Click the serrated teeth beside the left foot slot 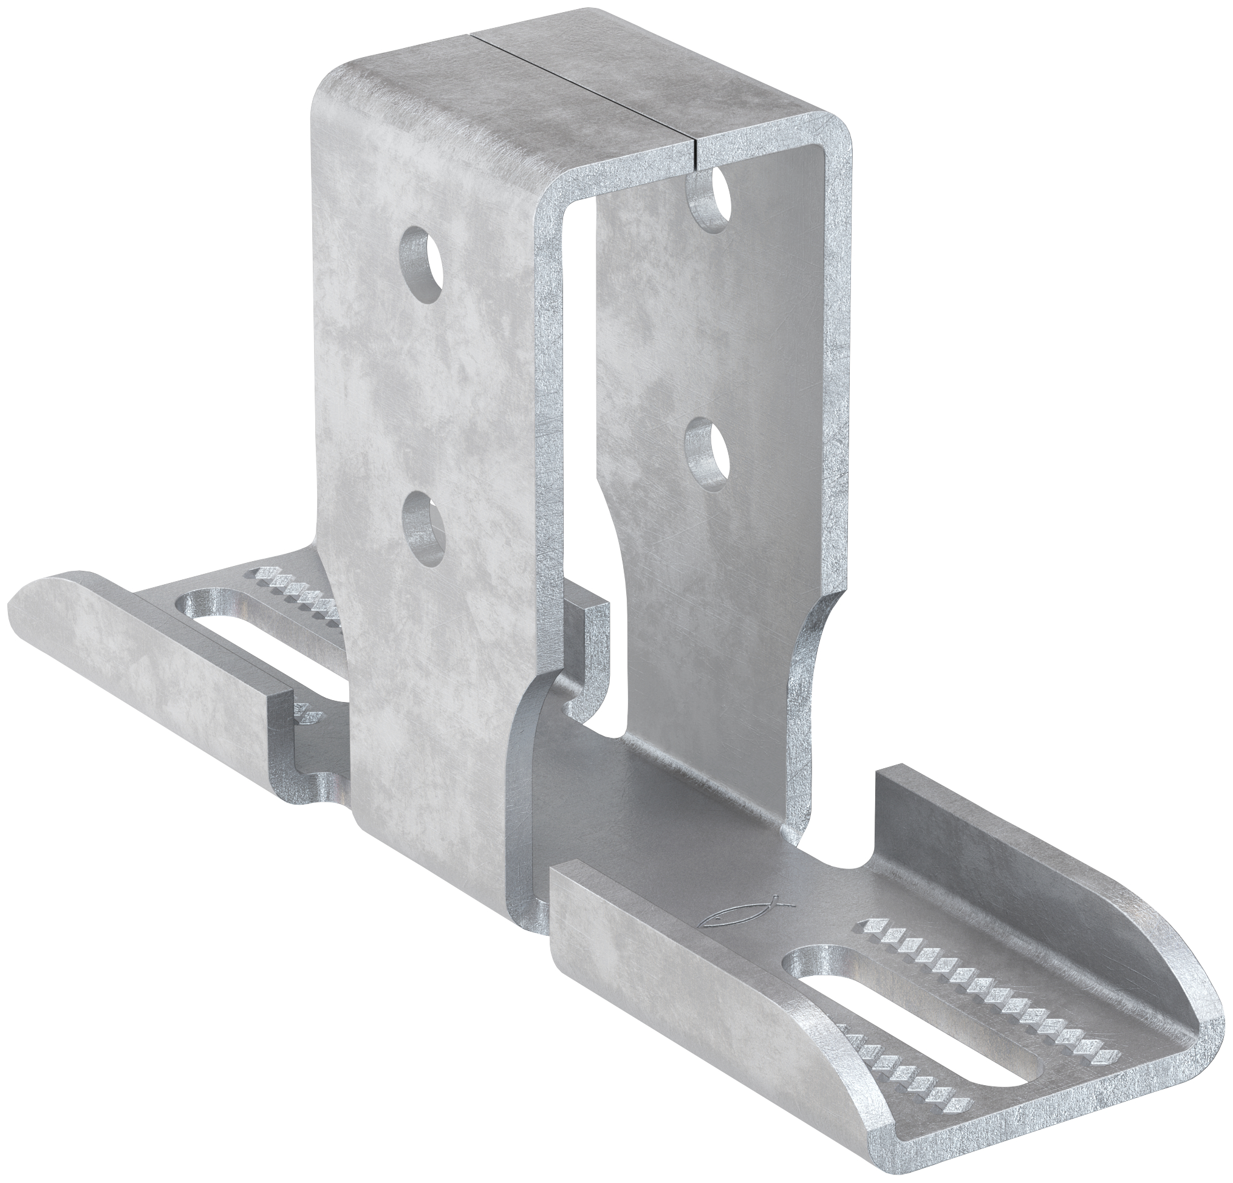296,588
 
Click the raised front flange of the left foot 157,648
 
